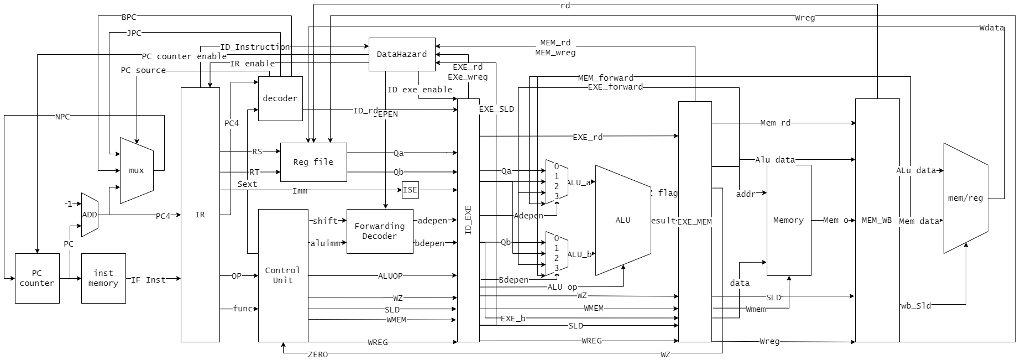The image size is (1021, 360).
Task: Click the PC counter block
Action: (37, 278)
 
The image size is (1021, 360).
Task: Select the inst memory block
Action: (103, 278)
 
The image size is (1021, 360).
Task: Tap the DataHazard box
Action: (402, 54)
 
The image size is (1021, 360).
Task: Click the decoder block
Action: (280, 98)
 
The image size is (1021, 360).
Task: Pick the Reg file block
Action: (313, 162)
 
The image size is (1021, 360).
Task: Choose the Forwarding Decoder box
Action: (380, 231)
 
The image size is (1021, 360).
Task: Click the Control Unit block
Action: (283, 275)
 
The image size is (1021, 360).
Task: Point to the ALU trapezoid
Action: (623, 220)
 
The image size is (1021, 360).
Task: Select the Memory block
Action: (789, 220)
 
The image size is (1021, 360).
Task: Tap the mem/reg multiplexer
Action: (966, 198)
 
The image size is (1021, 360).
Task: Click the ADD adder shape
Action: (90, 215)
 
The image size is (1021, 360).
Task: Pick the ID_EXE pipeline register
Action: (468, 220)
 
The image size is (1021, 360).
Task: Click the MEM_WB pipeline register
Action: (877, 220)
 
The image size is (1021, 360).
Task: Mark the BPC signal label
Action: (129, 18)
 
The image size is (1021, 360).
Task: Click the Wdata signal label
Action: (992, 28)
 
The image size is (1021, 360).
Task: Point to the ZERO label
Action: (318, 354)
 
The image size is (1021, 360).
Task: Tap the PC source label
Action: (143, 70)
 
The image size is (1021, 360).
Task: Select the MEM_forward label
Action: (606, 78)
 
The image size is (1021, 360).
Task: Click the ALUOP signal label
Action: (390, 276)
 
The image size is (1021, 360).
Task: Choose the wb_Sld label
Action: (916, 306)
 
